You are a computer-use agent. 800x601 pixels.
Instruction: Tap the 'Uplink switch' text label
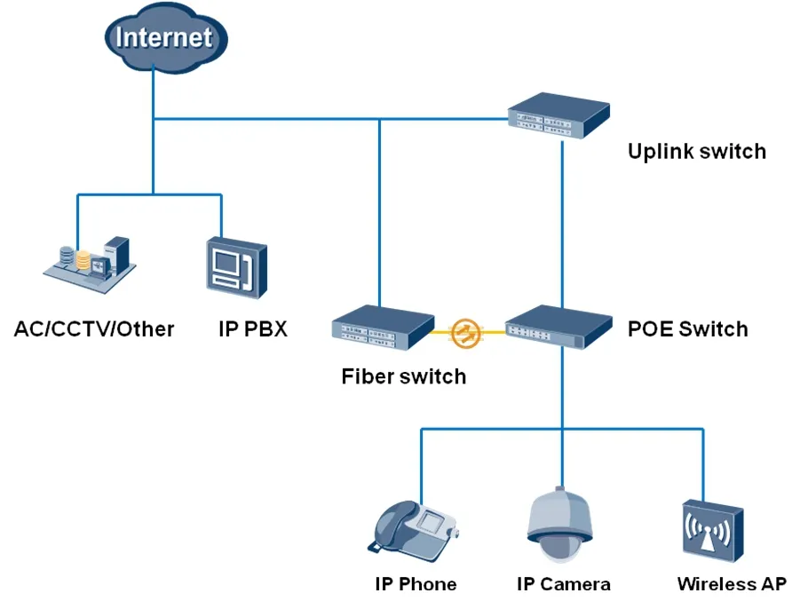pos(696,151)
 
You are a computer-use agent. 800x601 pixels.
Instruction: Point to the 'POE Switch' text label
pos(687,329)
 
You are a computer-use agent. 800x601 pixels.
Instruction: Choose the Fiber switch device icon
pos(384,325)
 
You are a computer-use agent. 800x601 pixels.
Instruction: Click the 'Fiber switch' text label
pos(403,376)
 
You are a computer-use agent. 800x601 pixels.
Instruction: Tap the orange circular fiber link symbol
pos(464,333)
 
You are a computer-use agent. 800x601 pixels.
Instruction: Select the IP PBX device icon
pos(235,265)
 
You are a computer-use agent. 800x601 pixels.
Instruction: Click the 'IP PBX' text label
pos(253,329)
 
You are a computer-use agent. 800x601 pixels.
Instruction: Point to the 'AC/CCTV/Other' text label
pos(94,329)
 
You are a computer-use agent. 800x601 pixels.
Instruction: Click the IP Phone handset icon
pos(414,527)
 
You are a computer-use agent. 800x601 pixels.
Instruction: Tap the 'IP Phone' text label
pos(416,584)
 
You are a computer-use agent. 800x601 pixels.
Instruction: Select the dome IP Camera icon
pos(558,526)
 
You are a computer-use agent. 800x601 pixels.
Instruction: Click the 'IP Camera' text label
pos(563,584)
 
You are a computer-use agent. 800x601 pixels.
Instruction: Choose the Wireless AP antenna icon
pos(711,532)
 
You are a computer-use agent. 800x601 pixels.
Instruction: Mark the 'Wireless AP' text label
pos(731,584)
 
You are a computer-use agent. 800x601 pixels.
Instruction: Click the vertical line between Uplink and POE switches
pos(561,222)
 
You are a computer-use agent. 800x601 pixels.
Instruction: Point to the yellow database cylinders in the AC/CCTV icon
pos(83,260)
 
